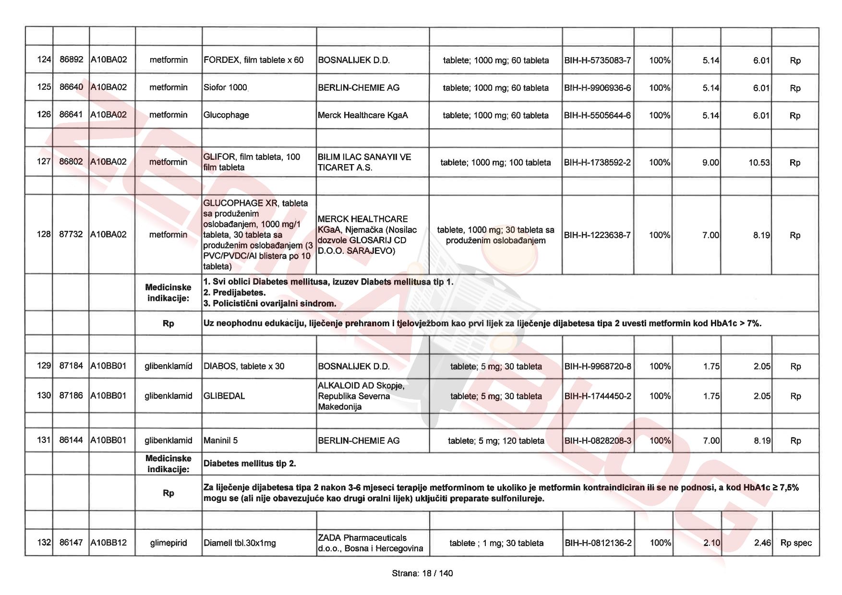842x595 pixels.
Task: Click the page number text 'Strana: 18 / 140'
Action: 422,573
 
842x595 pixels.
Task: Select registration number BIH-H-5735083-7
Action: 597,60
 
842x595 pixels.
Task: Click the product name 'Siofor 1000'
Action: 225,88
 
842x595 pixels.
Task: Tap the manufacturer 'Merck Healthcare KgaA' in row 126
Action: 362,115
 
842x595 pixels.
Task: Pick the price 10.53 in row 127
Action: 758,163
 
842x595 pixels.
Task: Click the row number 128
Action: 44,234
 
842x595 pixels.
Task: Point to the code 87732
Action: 71,234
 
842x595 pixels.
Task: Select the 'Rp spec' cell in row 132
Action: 795,543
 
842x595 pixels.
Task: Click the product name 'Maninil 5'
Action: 220,440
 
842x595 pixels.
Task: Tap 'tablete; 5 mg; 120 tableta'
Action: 496,440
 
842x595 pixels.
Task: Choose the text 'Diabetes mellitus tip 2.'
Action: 250,464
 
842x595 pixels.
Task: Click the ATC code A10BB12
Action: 109,543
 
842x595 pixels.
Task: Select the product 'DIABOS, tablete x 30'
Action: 244,366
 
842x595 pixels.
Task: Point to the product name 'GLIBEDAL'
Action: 224,396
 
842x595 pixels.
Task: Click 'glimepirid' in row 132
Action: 168,543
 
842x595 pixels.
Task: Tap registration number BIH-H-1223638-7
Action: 597,235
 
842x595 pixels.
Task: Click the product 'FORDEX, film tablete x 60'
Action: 253,60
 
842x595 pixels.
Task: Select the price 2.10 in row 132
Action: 711,543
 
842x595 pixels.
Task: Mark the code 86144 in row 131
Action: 71,440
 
